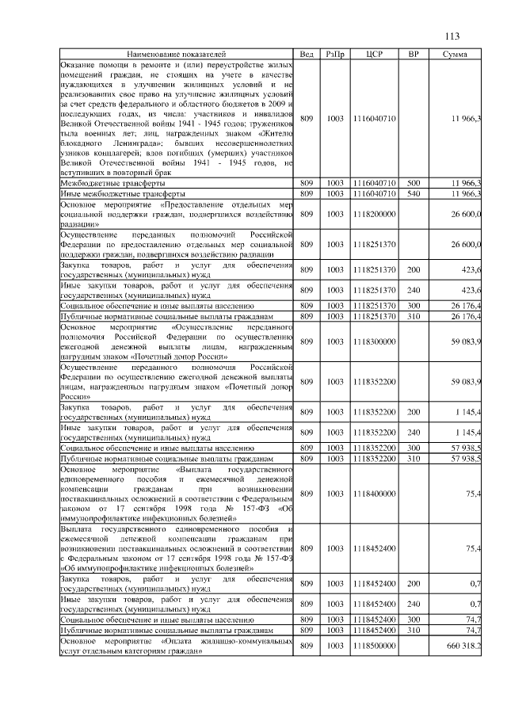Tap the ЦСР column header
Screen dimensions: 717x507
point(375,54)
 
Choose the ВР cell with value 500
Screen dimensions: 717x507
point(413,183)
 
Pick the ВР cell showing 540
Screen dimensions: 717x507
point(413,193)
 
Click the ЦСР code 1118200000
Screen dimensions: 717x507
point(375,214)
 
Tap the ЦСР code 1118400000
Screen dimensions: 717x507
point(375,494)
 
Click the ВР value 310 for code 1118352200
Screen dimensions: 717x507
point(413,458)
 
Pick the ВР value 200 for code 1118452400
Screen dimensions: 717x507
point(413,585)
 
